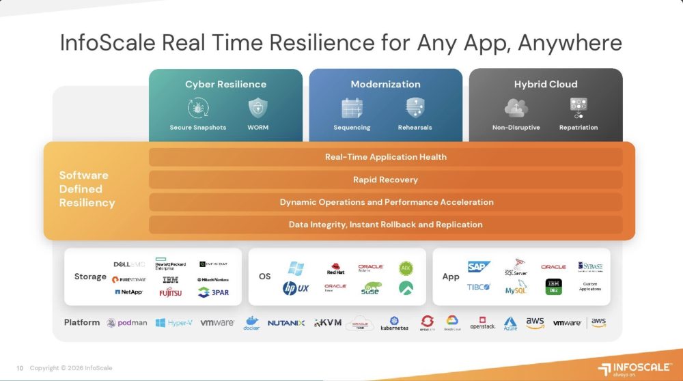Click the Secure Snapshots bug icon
[x=198, y=108]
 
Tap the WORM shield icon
[x=257, y=108]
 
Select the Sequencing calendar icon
[x=352, y=108]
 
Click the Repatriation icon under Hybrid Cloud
[x=579, y=108]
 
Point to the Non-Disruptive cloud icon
[x=514, y=108]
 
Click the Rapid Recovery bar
[x=385, y=180]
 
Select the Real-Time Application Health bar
[x=385, y=157]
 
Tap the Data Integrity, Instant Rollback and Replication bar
[x=385, y=225]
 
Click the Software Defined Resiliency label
[x=87, y=189]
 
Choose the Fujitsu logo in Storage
[x=171, y=292]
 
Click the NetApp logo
[x=128, y=292]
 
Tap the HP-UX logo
[x=296, y=288]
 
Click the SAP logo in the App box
[x=479, y=267]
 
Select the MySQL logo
[x=516, y=290]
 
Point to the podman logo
[x=127, y=323]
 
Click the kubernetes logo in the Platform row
[x=394, y=324]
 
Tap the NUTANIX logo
[x=286, y=323]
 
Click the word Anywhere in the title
[x=570, y=43]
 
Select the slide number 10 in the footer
[x=20, y=368]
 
